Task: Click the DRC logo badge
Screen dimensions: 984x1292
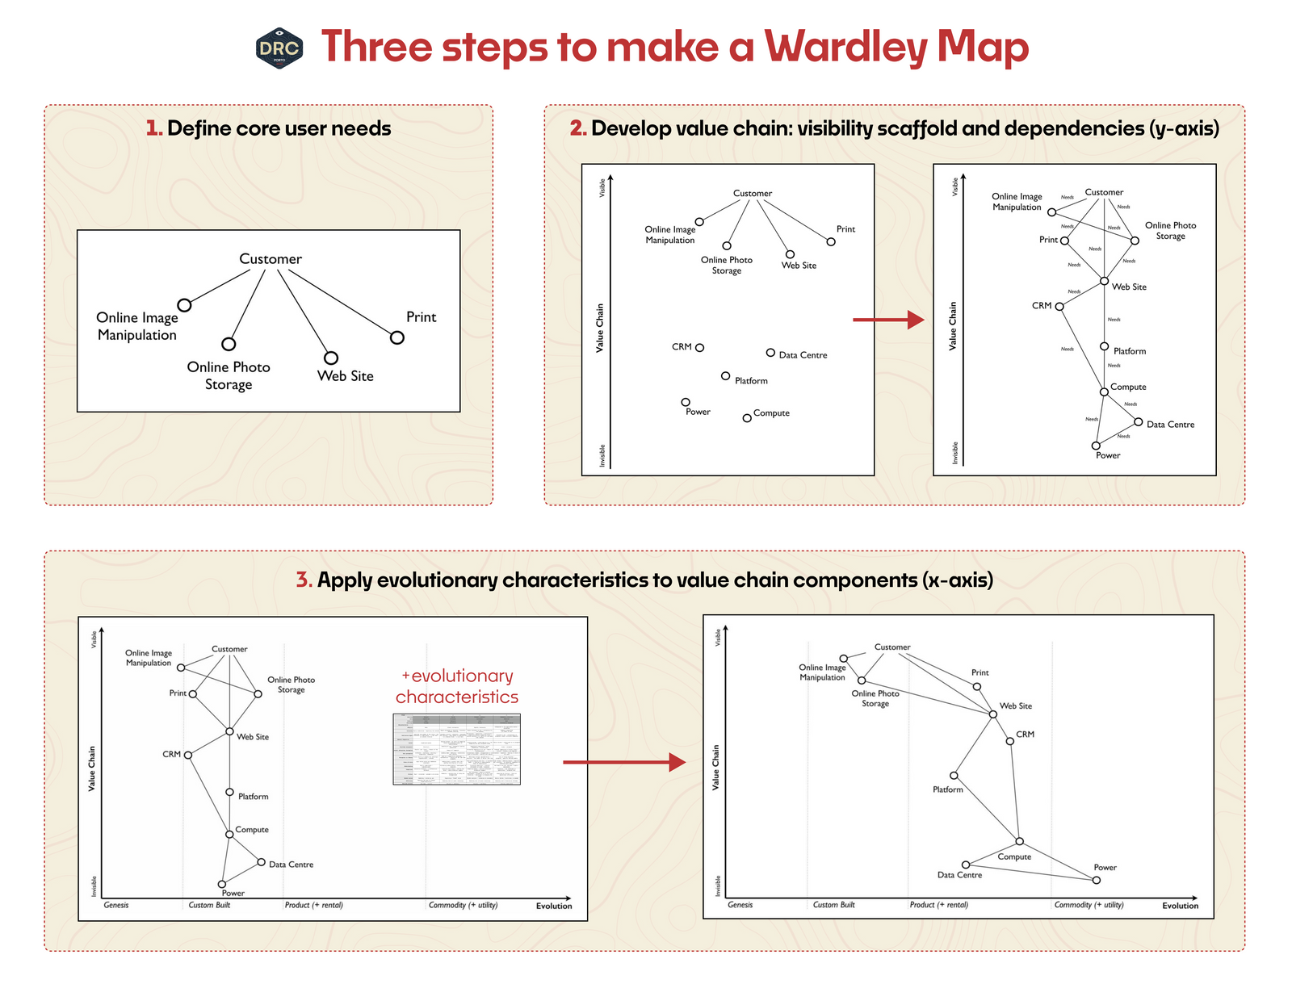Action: coord(279,48)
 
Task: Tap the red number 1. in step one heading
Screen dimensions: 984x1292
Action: coord(153,128)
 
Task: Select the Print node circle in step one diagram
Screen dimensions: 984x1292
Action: coord(396,337)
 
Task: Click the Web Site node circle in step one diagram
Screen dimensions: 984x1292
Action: coord(330,358)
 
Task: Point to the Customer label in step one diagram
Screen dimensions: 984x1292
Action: coord(271,259)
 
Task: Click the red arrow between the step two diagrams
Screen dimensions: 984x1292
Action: coord(887,320)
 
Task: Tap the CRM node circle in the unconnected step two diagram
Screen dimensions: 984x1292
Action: coord(699,348)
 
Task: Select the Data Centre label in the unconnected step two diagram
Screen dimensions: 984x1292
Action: coord(802,355)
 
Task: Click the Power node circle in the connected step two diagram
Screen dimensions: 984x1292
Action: coord(1096,446)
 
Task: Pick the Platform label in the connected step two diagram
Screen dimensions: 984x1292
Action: coord(1129,351)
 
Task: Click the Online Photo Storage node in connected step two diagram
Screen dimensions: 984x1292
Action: coord(1135,241)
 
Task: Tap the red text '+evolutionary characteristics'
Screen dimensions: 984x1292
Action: coord(457,686)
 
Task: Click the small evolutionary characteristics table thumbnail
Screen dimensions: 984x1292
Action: coord(456,749)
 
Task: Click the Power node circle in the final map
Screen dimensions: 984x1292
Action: coord(1096,880)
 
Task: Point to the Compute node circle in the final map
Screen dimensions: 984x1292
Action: coord(1019,841)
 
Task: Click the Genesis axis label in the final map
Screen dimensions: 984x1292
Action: coord(740,905)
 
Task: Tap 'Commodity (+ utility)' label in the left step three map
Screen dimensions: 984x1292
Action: coord(463,905)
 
